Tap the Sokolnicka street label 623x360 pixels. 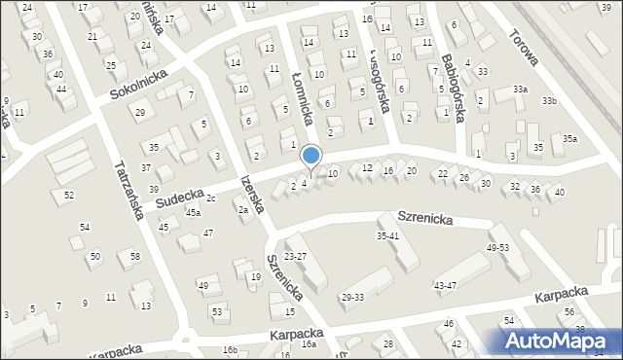pyautogui.click(x=139, y=85)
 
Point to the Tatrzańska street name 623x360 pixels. pyautogui.click(x=129, y=188)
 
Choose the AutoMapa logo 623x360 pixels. pyautogui.click(x=561, y=341)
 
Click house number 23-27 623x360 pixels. pyautogui.click(x=295, y=256)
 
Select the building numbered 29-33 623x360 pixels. pyautogui.click(x=352, y=297)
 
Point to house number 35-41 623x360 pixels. pyautogui.click(x=388, y=235)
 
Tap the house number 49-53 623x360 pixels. pyautogui.click(x=497, y=248)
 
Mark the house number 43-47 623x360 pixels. pyautogui.click(x=445, y=285)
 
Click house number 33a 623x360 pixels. pyautogui.click(x=521, y=90)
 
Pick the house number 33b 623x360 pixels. pyautogui.click(x=551, y=100)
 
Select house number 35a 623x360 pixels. pyautogui.click(x=569, y=139)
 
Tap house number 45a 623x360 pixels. pyautogui.click(x=193, y=212)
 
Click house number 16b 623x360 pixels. pyautogui.click(x=230, y=349)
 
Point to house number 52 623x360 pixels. pyautogui.click(x=69, y=195)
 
